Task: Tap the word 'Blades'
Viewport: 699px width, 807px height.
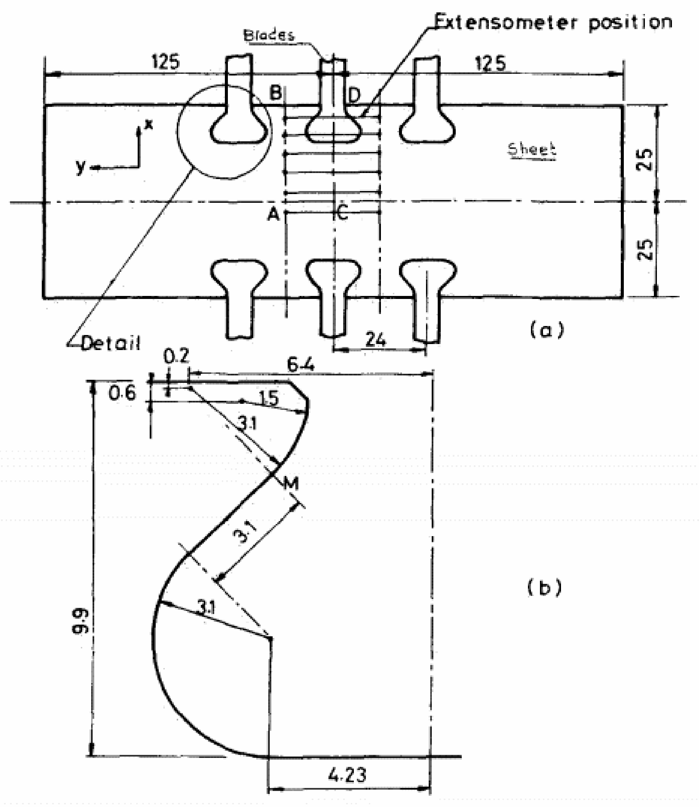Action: (269, 35)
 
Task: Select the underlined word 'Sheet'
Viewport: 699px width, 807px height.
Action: (531, 149)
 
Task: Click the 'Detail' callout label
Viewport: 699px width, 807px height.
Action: (110, 343)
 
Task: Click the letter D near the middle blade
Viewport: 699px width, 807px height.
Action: (354, 95)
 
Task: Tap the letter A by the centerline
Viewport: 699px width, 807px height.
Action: (274, 214)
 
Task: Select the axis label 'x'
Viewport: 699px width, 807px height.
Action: (149, 124)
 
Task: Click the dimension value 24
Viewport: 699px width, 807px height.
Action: (376, 340)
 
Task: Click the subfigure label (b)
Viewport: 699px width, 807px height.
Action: (545, 587)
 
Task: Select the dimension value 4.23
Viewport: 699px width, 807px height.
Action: (347, 775)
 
